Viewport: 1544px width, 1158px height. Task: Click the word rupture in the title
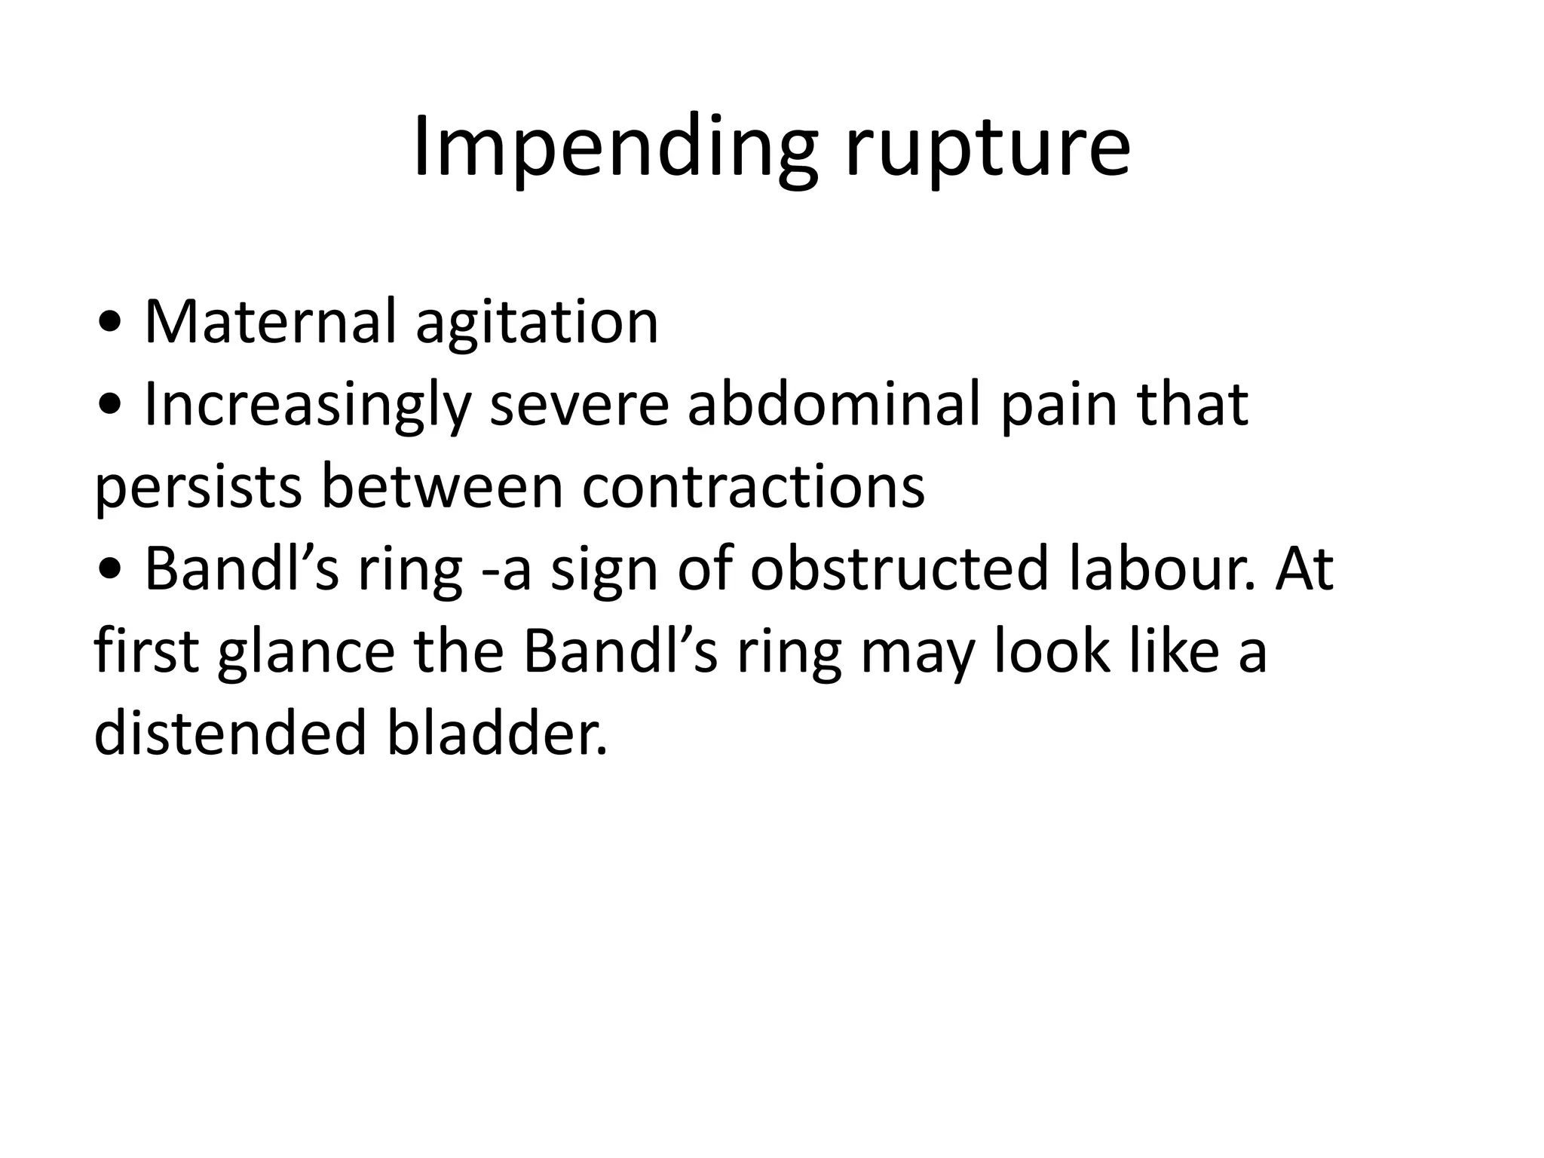[988, 151]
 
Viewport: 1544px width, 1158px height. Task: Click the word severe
[579, 405]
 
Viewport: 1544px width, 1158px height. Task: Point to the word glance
[306, 652]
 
